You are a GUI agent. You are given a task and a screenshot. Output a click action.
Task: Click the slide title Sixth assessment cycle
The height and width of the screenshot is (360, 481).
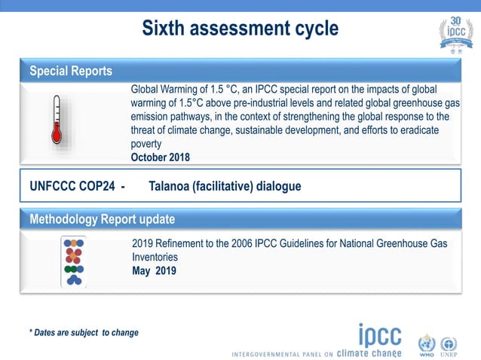[x=240, y=29]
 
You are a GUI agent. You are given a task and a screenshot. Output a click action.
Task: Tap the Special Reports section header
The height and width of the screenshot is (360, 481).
[x=70, y=72]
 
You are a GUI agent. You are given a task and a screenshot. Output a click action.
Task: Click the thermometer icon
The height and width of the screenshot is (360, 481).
[x=56, y=120]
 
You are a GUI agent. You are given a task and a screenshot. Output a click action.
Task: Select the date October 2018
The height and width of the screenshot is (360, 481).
[x=160, y=157]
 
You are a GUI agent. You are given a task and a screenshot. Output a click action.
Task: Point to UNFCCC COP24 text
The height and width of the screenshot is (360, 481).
[x=72, y=187]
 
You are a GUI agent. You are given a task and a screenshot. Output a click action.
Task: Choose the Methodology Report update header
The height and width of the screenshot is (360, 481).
[x=102, y=220]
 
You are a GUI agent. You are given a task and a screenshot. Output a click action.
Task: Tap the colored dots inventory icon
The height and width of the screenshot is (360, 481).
[x=74, y=261]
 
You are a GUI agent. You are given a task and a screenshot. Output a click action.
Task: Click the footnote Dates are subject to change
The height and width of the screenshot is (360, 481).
[x=84, y=332]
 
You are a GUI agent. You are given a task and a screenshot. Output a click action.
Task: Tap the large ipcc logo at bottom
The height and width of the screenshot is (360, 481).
[x=379, y=336]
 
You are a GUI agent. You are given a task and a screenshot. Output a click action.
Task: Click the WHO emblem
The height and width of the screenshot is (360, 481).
[x=427, y=346]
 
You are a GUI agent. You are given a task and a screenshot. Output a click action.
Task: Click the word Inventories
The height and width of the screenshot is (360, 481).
[x=155, y=257]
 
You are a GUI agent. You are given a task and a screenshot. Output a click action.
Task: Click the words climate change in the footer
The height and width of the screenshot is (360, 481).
[x=369, y=352]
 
